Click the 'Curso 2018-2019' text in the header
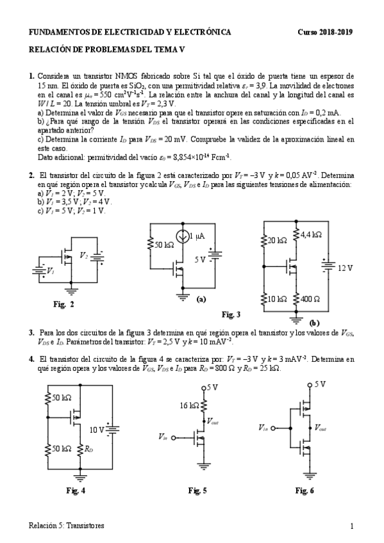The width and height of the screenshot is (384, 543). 326,32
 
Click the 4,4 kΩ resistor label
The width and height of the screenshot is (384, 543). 310,235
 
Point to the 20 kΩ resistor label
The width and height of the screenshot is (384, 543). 278,240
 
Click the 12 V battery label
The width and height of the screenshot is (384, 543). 346,268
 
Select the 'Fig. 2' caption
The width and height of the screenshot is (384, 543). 64,304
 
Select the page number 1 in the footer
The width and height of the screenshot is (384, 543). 352,526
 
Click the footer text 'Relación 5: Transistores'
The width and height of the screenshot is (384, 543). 66,526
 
